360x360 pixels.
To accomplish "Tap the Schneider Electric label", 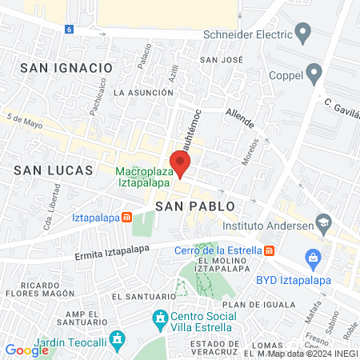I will point(248,34).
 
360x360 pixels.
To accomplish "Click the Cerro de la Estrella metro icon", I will point(270,250).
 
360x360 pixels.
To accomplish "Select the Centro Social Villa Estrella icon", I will point(161,318).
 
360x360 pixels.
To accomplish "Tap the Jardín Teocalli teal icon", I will point(118,340).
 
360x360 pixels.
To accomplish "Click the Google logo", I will point(26,350).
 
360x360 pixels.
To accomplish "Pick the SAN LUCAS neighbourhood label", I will point(54,170).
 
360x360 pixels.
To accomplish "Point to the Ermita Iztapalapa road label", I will point(112,250).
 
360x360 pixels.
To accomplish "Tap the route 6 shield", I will point(69,29).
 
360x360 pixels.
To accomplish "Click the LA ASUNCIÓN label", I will point(143,93).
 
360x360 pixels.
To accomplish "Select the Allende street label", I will point(240,118).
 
